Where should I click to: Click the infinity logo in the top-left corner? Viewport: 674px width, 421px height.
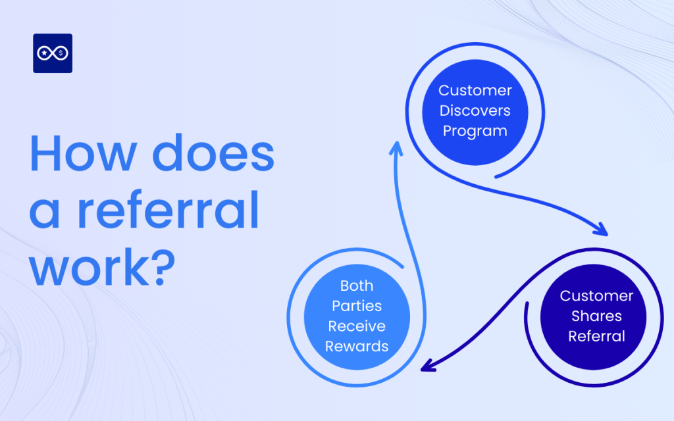click(53, 53)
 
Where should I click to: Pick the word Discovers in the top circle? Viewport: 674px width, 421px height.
click(475, 111)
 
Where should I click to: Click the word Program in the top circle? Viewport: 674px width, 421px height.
click(475, 131)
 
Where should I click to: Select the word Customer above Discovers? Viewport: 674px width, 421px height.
click(475, 90)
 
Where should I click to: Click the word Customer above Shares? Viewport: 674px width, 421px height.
click(596, 295)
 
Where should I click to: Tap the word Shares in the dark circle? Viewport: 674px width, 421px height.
click(596, 316)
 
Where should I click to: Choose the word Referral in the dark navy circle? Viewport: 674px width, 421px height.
click(596, 336)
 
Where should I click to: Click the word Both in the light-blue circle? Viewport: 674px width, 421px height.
click(357, 285)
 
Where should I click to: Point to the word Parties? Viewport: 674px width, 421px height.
click(357, 306)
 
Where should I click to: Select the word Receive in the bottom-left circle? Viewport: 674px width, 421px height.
click(357, 326)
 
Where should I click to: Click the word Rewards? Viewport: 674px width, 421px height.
click(357, 346)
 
